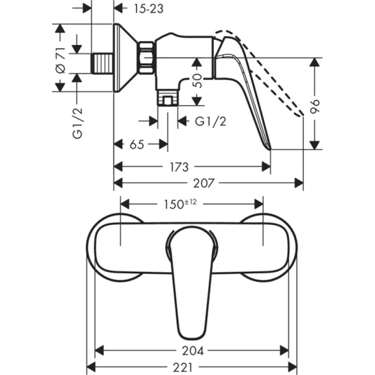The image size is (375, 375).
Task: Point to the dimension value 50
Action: click(x=198, y=81)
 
